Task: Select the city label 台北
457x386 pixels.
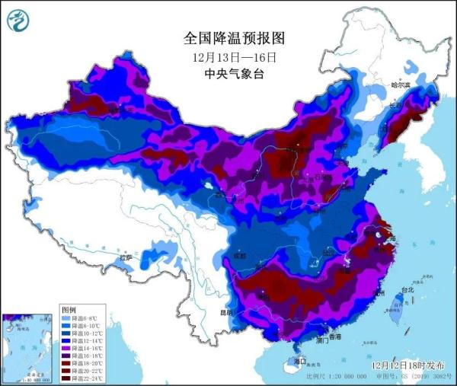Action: pos(406,289)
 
